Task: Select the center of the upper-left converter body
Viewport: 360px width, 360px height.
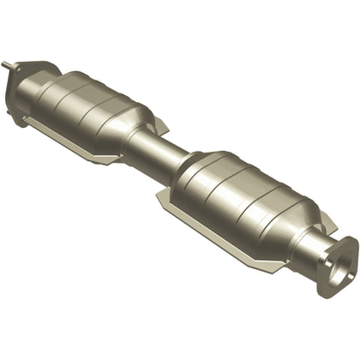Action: pyautogui.click(x=94, y=103)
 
